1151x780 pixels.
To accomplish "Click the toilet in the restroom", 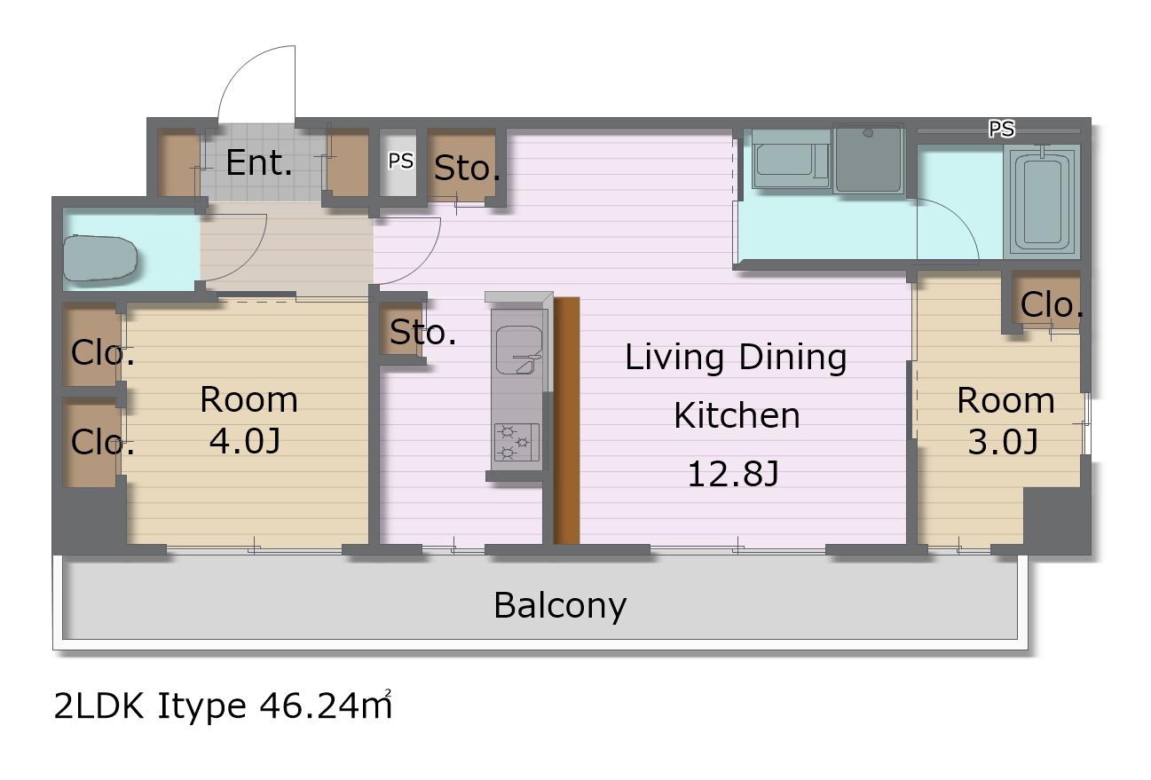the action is (x=99, y=258).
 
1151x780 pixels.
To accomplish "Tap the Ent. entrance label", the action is (x=259, y=163).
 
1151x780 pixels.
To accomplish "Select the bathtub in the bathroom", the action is (x=1043, y=201).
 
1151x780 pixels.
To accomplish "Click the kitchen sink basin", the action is (x=518, y=350).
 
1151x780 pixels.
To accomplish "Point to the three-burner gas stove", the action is (x=516, y=442).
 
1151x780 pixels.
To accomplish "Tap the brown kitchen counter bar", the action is (x=567, y=420).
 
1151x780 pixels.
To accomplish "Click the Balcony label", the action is (x=560, y=606).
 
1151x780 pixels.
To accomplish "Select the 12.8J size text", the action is (x=733, y=474).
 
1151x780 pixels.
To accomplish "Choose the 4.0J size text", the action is (x=245, y=440).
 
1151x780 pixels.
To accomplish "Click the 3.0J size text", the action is (x=1003, y=441).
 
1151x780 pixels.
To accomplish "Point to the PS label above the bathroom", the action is (x=1002, y=129).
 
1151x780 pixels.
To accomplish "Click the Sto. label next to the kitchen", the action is (x=422, y=332).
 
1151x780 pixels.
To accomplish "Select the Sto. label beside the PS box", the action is (x=467, y=168).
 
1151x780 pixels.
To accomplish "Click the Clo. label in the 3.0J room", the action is (x=1052, y=305).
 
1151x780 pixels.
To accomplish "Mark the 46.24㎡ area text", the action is (x=326, y=705).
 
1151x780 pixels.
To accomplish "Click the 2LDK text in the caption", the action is (x=99, y=706).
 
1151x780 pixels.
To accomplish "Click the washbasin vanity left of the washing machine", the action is (x=791, y=160).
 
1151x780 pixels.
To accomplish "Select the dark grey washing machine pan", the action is (x=869, y=160).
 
